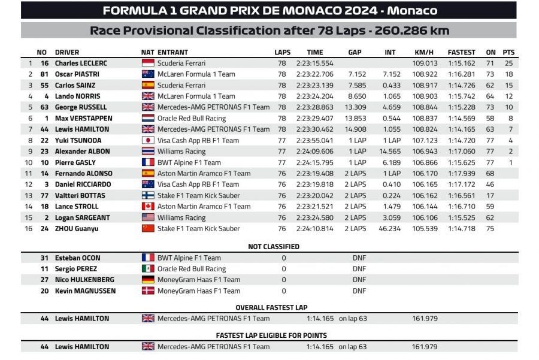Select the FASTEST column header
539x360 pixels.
(x=461, y=52)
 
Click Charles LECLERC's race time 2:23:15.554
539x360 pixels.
(x=314, y=63)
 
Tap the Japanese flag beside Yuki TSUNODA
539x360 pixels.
(x=147, y=140)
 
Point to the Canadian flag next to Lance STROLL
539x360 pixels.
(x=147, y=206)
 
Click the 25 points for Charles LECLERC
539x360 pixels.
(x=509, y=63)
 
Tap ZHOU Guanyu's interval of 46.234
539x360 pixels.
(x=390, y=228)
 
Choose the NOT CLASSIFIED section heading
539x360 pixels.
(x=274, y=246)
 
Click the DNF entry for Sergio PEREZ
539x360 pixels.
(x=359, y=269)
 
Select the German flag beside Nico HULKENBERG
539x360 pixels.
(x=147, y=280)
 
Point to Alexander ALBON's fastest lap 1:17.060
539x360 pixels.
(x=461, y=152)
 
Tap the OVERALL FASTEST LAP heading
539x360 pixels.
(x=274, y=307)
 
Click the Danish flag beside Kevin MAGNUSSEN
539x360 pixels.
(x=147, y=291)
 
